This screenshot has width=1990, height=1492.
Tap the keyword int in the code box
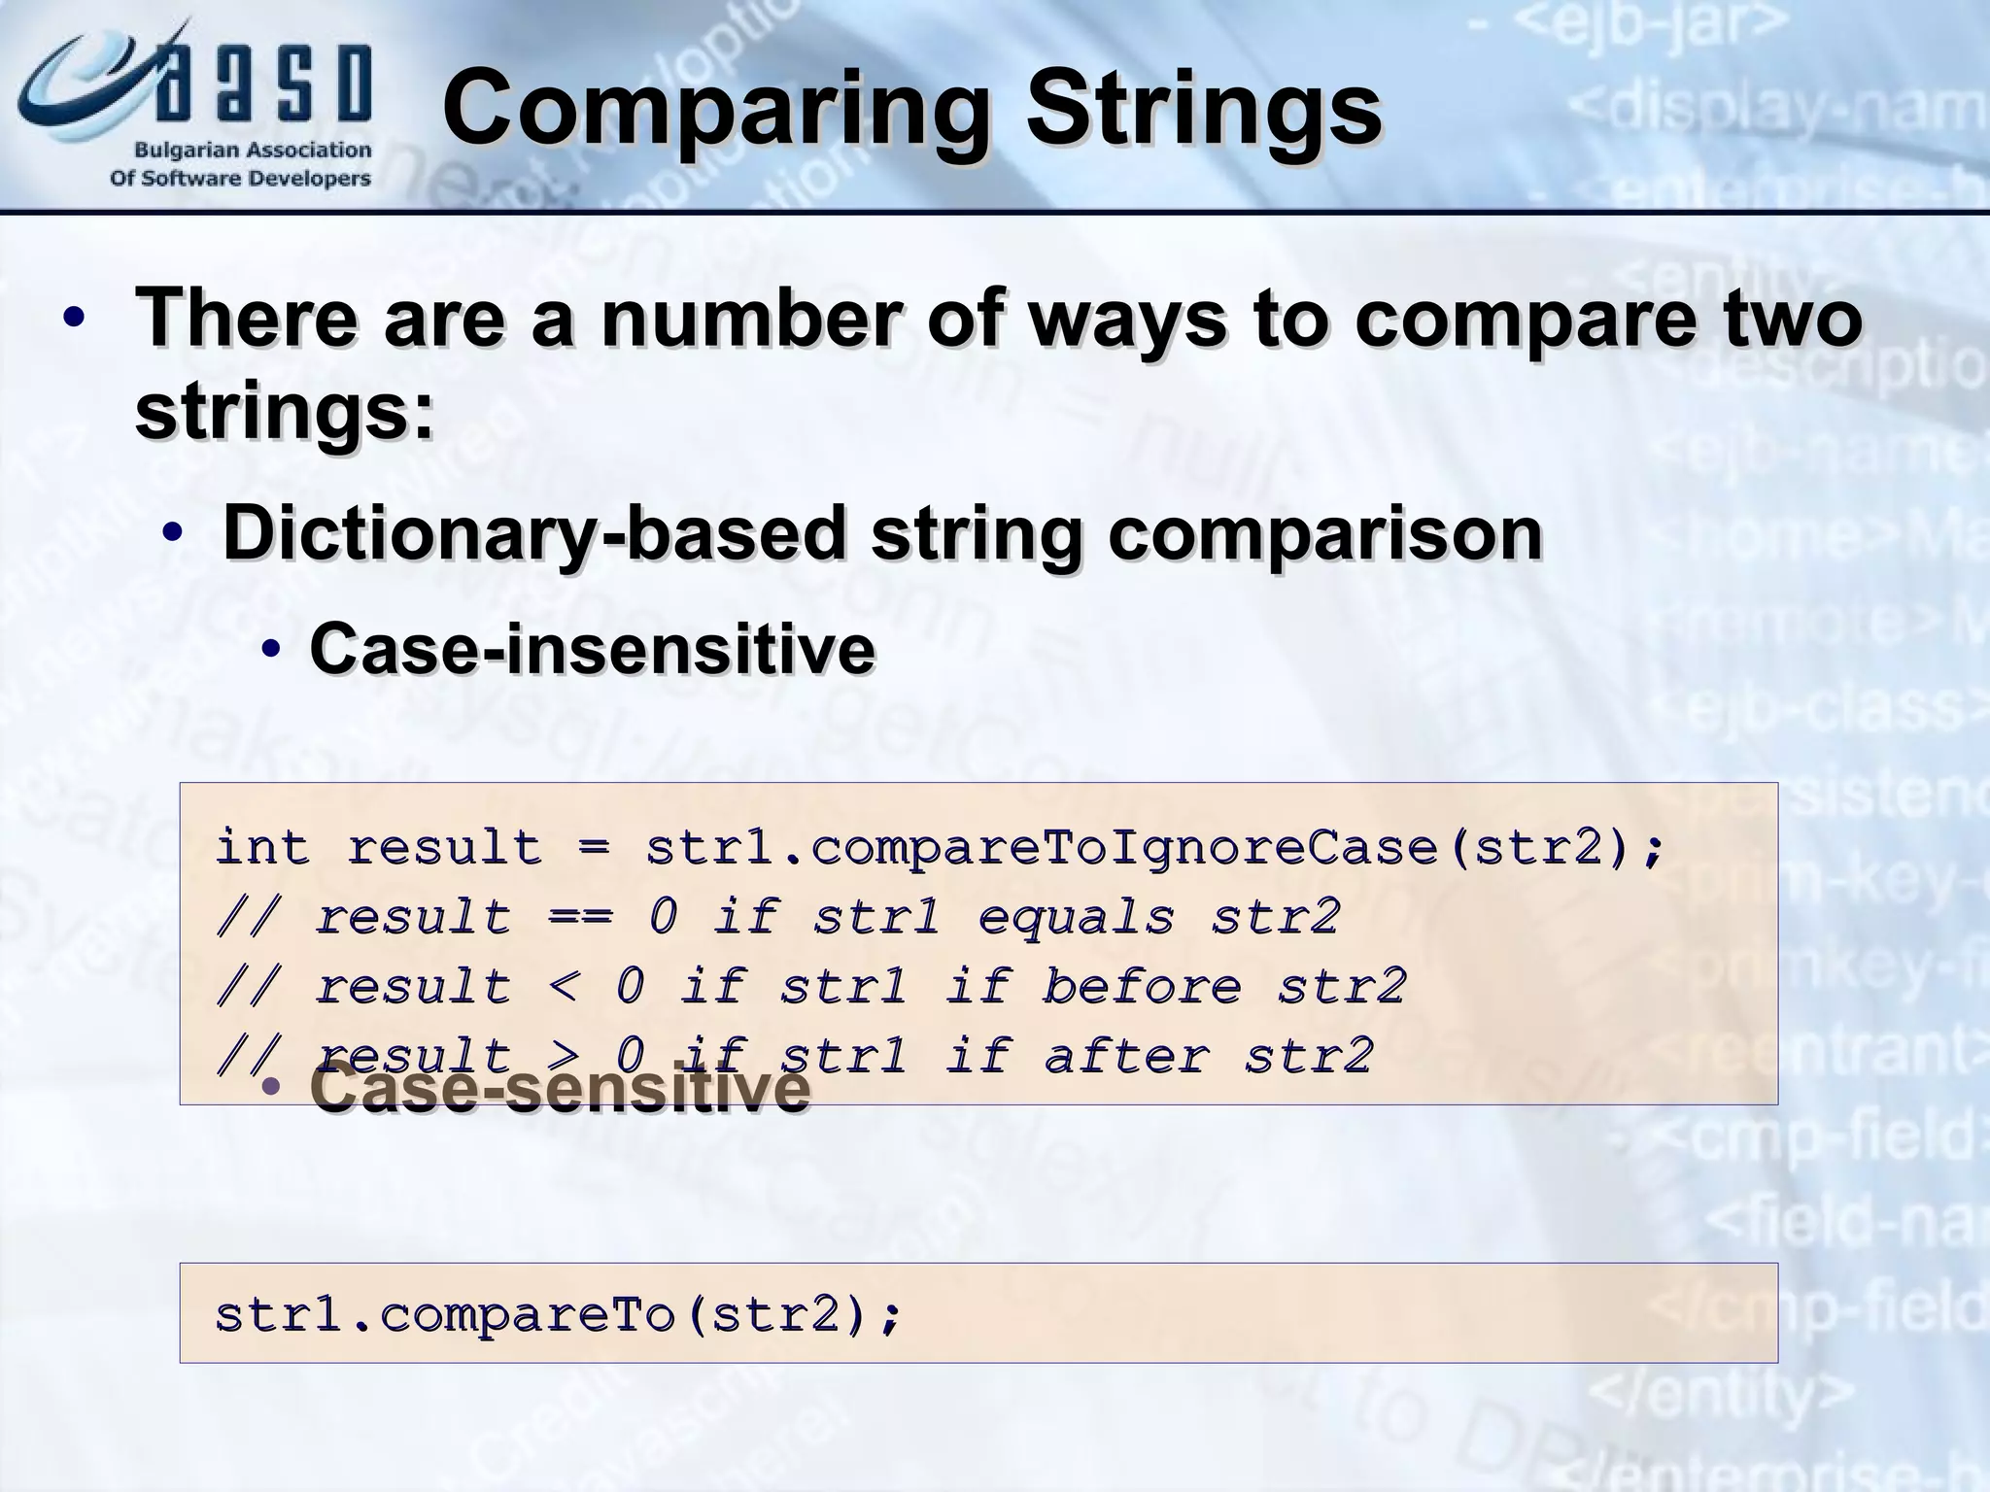click(x=262, y=847)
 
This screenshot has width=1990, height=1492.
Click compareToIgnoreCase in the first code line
click(x=1122, y=849)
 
